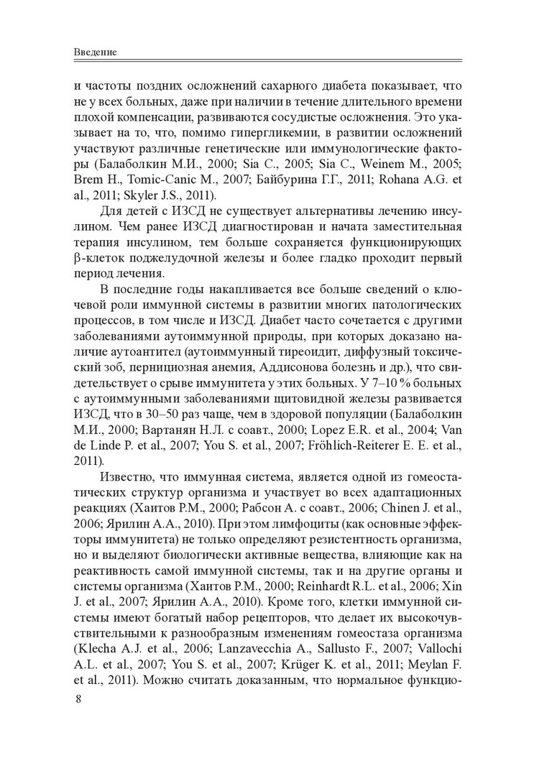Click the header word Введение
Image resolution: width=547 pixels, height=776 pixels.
click(x=96, y=53)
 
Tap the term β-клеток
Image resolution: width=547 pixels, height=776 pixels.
click(x=97, y=258)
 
